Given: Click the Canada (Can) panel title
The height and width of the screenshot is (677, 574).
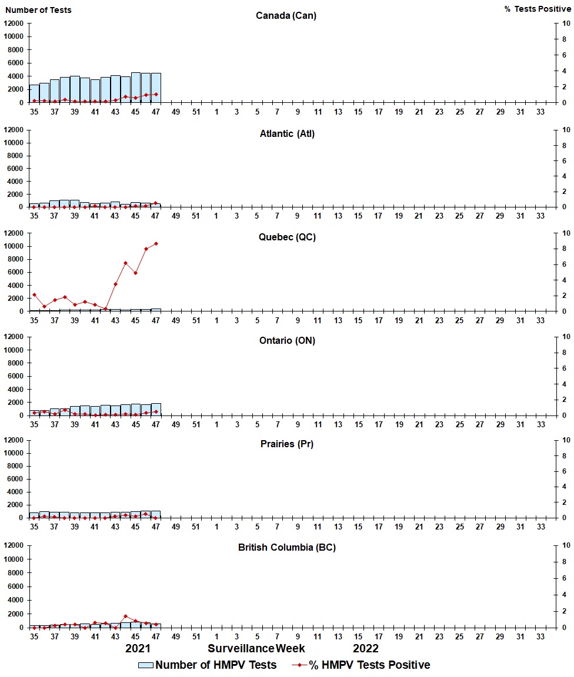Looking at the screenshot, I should click(286, 15).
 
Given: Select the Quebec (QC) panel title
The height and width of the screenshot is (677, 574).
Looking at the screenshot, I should click(286, 237).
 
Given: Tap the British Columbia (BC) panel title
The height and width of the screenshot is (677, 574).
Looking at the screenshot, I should click(286, 548).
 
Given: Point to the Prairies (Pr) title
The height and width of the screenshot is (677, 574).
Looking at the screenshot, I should click(286, 444).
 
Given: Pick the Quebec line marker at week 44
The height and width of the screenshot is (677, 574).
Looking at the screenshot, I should click(125, 263).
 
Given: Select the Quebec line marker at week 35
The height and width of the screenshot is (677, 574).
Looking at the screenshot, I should click(34, 294).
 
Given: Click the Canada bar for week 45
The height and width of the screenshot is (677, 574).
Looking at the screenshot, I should click(136, 88).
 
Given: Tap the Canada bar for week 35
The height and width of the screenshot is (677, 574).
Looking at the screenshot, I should click(34, 93).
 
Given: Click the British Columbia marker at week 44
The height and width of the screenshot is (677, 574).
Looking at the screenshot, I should click(125, 616).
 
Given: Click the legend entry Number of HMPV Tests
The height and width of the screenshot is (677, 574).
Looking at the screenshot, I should click(208, 665).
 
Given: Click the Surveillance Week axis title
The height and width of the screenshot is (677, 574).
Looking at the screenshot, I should click(256, 648).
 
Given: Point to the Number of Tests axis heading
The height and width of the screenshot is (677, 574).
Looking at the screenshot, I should click(39, 10).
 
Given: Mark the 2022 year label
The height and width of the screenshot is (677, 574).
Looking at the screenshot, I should click(366, 648).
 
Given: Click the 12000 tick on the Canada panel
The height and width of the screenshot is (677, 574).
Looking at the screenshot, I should click(14, 24).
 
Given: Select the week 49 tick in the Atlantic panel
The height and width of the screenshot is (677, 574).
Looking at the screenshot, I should click(176, 216).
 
